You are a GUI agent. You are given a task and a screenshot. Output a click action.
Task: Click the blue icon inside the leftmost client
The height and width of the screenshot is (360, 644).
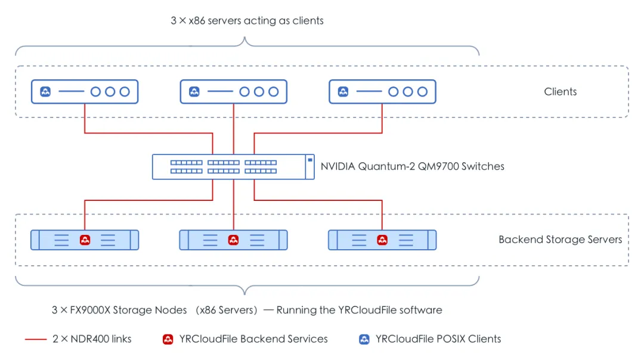pos(45,92)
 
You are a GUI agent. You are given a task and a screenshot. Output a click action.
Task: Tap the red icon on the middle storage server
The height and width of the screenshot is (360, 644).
pos(233,240)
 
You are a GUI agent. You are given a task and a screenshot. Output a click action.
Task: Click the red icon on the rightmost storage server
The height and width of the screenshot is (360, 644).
pos(382,240)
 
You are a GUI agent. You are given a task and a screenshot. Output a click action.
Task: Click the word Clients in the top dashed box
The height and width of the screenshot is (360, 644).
pos(560,92)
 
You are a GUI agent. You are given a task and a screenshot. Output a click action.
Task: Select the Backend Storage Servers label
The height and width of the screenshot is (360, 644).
pos(560,240)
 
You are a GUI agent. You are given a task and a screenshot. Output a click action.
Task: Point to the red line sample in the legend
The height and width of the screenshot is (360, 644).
pos(36,340)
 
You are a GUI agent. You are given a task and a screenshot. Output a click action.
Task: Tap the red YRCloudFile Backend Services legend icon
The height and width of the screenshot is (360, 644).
pos(168,339)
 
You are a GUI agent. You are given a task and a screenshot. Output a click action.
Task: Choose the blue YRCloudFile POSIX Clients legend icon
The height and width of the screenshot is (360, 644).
pos(364,339)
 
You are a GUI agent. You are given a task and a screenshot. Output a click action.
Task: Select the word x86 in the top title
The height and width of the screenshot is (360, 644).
pos(197,20)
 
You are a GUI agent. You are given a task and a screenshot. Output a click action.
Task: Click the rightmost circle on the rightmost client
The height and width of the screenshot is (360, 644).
pos(422,92)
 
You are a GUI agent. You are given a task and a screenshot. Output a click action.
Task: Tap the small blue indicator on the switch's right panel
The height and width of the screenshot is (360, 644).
pos(310,160)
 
